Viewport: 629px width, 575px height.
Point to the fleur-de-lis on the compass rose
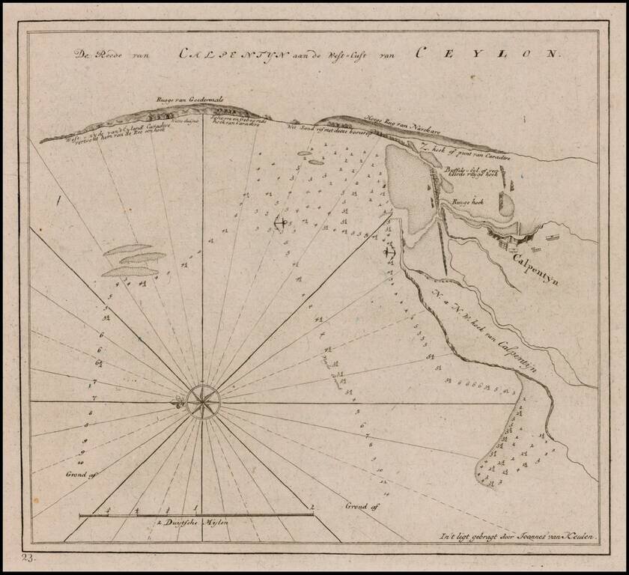click(x=177, y=404)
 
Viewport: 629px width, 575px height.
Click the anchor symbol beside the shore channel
click(x=389, y=252)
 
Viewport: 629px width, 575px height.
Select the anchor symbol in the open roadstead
click(x=280, y=222)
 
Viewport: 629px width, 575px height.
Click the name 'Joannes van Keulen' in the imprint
click(x=553, y=535)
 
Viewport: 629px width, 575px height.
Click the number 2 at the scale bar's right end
click(x=312, y=508)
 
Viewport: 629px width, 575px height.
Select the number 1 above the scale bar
click(x=196, y=508)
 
